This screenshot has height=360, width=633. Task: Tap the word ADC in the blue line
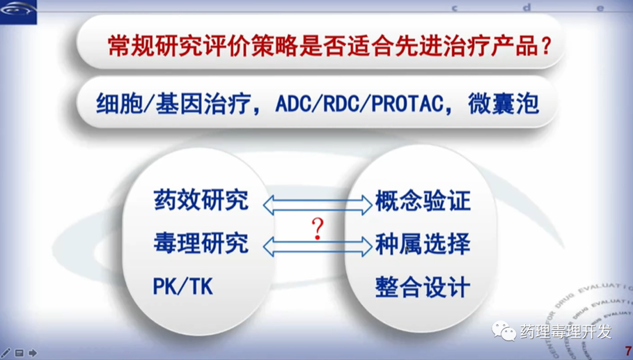click(291, 104)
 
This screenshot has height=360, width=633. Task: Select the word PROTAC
click(407, 104)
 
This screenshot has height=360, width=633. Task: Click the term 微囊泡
click(503, 104)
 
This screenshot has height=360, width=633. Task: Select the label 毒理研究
click(200, 243)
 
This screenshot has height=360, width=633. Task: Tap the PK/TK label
click(183, 287)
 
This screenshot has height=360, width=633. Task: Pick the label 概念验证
click(423, 201)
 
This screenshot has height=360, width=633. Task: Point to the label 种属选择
click(423, 244)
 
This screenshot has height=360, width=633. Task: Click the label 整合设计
click(423, 287)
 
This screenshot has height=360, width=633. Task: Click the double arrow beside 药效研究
click(317, 205)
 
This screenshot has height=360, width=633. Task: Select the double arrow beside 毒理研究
click(317, 246)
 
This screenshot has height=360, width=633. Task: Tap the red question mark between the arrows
click(318, 229)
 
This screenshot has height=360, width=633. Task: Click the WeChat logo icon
click(503, 331)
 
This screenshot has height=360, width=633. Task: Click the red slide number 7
click(628, 351)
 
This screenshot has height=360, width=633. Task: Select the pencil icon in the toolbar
click(6, 353)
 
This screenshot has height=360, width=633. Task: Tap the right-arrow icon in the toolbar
click(33, 353)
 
